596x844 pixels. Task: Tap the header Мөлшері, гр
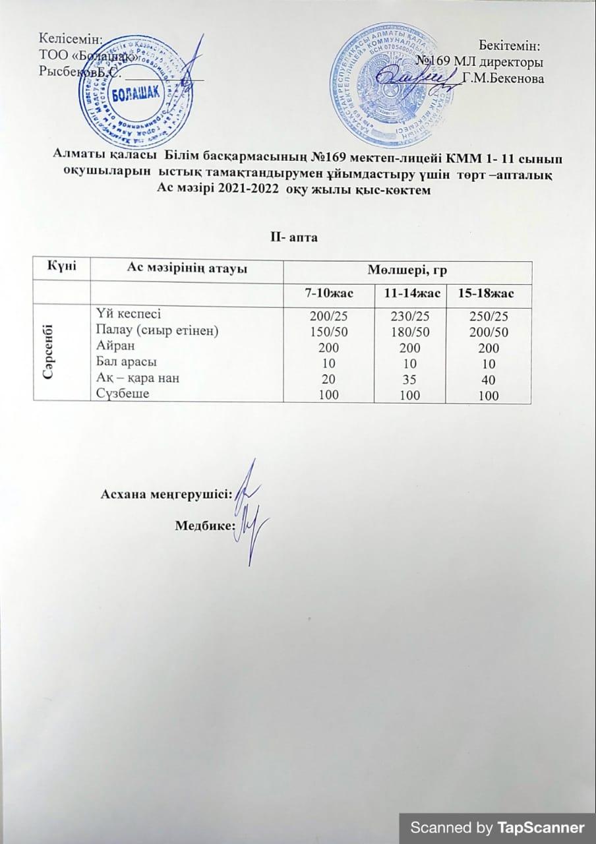coord(406,269)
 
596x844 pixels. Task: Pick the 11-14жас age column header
coord(408,291)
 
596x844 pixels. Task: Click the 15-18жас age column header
coord(490,291)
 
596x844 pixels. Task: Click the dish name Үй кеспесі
coord(128,315)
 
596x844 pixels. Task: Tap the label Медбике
coord(206,526)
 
